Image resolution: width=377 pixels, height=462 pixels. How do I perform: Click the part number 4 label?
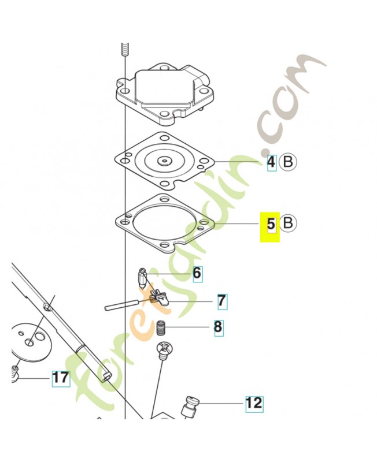coord(271,162)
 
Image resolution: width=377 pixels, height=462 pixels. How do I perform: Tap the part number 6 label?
coord(197,273)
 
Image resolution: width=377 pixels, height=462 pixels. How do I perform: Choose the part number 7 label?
coord(221,300)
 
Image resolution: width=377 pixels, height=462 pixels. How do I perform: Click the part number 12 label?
coord(254,403)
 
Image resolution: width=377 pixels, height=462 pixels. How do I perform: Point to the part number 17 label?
coord(60,378)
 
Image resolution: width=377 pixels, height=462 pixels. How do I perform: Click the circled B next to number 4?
coord(287,162)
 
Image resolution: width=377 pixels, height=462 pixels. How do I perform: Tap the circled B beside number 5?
coord(288,222)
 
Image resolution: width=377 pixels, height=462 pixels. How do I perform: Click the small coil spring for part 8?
coord(162,329)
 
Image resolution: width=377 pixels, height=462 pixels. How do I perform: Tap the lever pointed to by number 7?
coord(157,297)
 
